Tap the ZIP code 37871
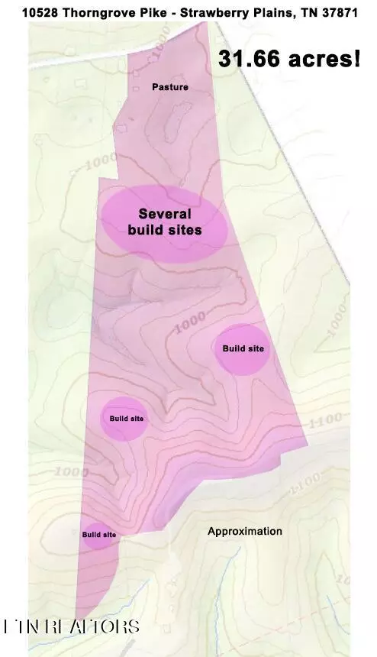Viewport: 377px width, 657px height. [335, 13]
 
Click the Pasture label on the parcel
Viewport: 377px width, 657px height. [169, 87]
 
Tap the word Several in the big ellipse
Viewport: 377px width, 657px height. [164, 214]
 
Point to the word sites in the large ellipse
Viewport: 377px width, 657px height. [185, 229]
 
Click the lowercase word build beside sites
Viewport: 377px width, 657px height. [145, 229]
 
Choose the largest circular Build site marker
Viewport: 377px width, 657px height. [243, 348]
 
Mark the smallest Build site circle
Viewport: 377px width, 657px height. [99, 534]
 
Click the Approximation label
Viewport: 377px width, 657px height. [244, 531]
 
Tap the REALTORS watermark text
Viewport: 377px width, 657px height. [72, 627]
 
